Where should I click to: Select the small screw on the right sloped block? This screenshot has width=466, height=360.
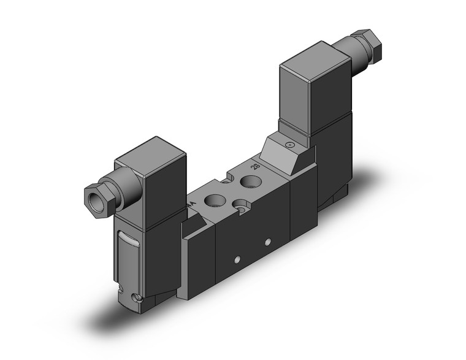(289, 145)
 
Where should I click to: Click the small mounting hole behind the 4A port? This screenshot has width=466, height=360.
(225, 182)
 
